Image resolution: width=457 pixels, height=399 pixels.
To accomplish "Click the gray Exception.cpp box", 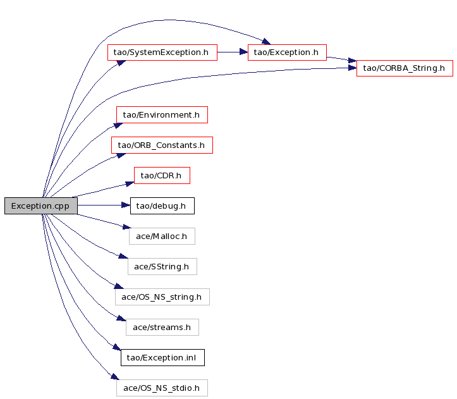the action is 41,206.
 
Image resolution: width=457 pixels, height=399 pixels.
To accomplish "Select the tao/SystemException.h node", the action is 162,52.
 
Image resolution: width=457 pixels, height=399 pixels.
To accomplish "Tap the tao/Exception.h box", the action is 287,52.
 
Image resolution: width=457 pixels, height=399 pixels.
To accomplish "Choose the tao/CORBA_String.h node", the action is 405,68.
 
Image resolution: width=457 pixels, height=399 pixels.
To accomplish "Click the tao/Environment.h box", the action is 162,114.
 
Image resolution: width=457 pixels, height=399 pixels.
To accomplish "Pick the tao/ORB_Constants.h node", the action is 162,145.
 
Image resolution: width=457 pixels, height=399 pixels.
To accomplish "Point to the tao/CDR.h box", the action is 162,175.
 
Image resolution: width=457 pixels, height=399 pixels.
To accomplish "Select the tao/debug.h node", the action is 162,206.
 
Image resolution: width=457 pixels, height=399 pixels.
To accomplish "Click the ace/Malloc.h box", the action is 162,236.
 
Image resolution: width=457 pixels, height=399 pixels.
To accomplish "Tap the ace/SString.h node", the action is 162,266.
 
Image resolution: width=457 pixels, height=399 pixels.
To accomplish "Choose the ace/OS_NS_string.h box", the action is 162,297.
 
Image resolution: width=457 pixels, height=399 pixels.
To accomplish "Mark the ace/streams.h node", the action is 162,328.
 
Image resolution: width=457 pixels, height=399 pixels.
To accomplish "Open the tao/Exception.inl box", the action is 162,358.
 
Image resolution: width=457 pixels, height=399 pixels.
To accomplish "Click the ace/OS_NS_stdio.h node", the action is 162,388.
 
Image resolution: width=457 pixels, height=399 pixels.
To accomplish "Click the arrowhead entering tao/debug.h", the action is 126,206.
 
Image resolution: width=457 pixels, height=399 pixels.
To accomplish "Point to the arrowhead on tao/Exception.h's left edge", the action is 243,52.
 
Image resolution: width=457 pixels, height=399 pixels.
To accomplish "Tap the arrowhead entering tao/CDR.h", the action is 130,184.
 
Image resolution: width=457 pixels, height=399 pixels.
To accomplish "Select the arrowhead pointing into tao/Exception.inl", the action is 116,347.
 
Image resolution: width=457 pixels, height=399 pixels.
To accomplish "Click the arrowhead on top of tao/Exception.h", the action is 266,41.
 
